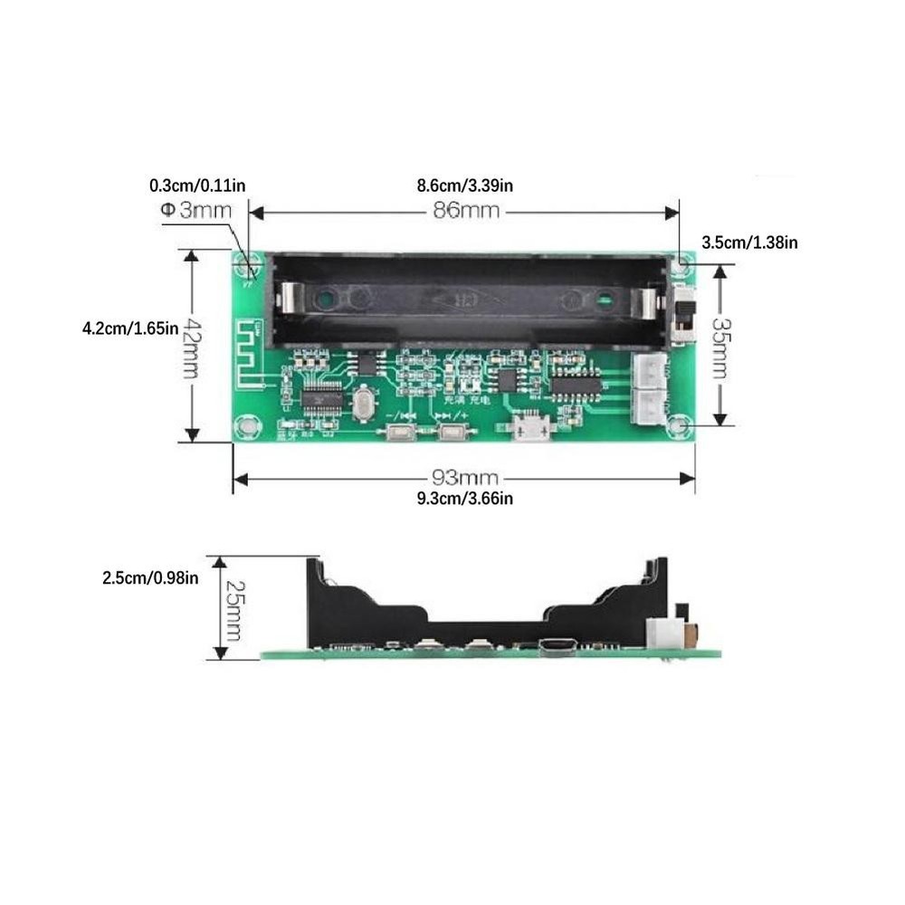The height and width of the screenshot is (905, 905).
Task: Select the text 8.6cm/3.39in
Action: click(465, 186)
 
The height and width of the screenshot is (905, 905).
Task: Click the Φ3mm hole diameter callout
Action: click(195, 210)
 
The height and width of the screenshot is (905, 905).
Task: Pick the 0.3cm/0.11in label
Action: click(197, 186)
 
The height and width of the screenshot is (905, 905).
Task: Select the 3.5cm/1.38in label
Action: click(749, 242)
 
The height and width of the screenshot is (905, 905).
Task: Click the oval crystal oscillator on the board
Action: click(363, 401)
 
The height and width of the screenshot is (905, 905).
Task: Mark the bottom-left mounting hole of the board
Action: click(247, 425)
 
